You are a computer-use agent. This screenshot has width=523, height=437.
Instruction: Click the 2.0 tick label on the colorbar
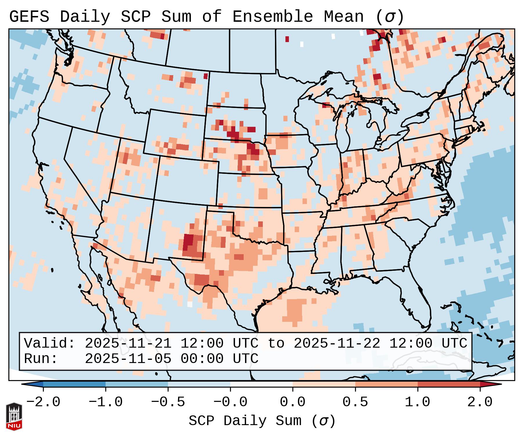pos(480,402)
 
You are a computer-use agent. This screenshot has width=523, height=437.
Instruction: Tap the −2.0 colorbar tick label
pos(43,402)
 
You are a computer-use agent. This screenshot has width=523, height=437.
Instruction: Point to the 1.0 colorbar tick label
pos(417,402)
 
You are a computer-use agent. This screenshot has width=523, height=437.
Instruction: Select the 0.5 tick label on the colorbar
pos(355,402)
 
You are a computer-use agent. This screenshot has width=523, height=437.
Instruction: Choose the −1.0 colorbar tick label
pos(106,402)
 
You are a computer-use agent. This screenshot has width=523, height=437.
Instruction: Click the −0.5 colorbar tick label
pos(168,402)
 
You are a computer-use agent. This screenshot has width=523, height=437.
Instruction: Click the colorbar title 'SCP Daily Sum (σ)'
pos(262,421)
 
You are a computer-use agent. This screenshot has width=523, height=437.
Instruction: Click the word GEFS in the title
pos(29,17)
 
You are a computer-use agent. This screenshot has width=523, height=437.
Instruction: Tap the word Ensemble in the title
pos(273,17)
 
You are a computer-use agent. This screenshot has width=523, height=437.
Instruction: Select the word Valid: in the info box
pos(50,343)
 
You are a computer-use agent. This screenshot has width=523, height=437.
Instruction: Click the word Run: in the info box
pos(41,359)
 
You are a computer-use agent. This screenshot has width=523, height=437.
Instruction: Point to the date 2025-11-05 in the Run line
pos(128,359)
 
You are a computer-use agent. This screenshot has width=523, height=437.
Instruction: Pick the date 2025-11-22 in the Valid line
pos(337,343)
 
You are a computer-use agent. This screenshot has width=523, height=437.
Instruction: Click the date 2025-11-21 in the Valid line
pos(128,343)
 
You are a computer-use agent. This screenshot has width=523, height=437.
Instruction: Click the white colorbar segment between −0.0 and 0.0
pos(261,384)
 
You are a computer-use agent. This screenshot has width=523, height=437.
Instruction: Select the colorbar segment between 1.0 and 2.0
pos(448,384)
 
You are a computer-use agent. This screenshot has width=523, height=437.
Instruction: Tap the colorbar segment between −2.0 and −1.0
pos(74,384)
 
